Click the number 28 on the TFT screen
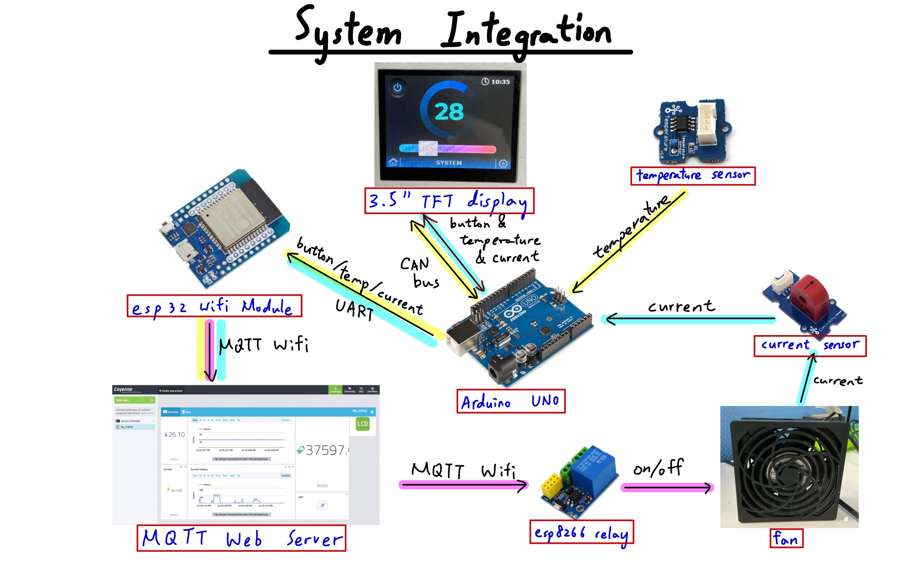pyautogui.click(x=449, y=112)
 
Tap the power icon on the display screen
pyautogui.click(x=397, y=87)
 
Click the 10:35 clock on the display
pyautogui.click(x=496, y=82)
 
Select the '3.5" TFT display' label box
pyautogui.click(x=449, y=201)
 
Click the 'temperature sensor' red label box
pyautogui.click(x=693, y=176)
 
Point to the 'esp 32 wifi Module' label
pyautogui.click(x=214, y=306)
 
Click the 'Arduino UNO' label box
pyautogui.click(x=511, y=401)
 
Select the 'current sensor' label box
pyautogui.click(x=809, y=346)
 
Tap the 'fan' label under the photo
pyautogui.click(x=786, y=538)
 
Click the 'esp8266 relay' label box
pyautogui.click(x=581, y=532)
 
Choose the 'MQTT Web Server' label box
pyautogui.click(x=241, y=538)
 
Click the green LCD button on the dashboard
pyautogui.click(x=362, y=424)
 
